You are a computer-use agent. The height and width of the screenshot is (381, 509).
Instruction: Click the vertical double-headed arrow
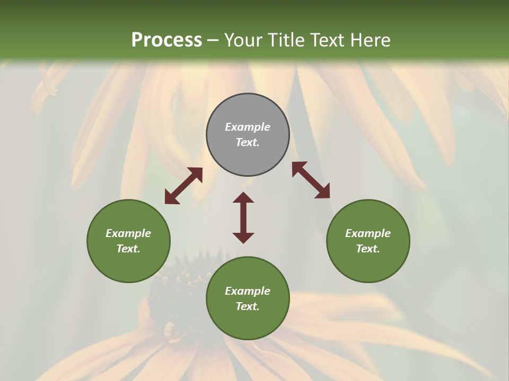point(243,217)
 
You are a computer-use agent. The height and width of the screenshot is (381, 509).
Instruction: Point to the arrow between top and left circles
point(183,186)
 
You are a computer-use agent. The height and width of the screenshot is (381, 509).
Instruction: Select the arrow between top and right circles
point(311,180)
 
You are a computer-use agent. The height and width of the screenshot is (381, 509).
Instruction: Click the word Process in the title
point(166,40)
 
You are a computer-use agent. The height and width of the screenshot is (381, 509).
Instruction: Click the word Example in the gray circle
point(248,127)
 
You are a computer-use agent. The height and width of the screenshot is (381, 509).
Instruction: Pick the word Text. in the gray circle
point(248,142)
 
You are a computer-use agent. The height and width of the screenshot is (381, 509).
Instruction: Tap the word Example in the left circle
point(128,233)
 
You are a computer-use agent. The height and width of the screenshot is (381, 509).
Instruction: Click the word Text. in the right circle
point(368,249)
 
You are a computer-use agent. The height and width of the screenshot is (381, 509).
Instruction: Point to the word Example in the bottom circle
point(248,291)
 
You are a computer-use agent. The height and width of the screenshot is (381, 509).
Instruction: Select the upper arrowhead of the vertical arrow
point(243,197)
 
